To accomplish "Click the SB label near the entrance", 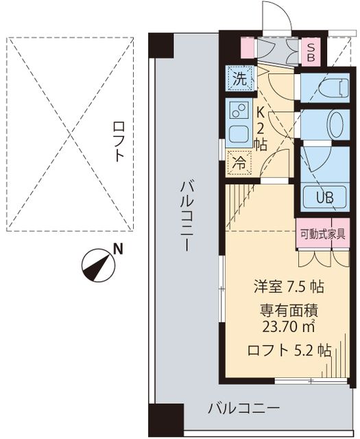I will tap(311, 52).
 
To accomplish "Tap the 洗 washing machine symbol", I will tap(239, 78).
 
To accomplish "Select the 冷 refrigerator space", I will tap(239, 163).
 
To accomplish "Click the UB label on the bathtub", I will tap(323, 197).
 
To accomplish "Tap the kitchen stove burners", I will tap(238, 110).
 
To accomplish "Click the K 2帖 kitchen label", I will tap(261, 126).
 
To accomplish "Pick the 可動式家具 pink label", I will tap(322, 233).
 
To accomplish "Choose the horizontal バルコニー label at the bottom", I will tap(243, 409).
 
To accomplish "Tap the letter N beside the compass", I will tap(118, 249).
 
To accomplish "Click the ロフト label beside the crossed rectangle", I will tap(119, 141).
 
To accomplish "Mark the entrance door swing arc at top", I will tap(272, 15).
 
